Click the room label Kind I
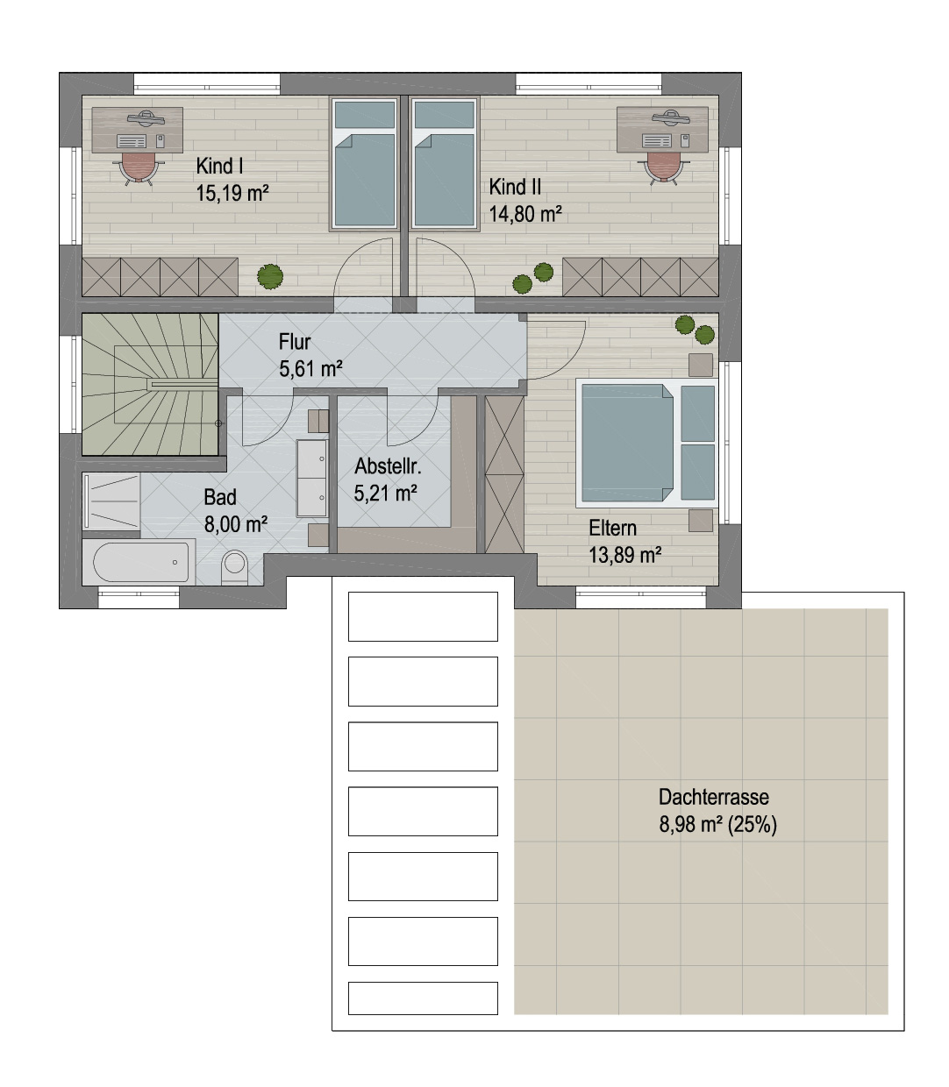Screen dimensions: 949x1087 click(x=219, y=167)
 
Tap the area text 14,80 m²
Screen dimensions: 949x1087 click(x=525, y=214)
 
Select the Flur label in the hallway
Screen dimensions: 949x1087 click(x=295, y=342)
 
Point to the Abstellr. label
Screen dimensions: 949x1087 click(x=388, y=466)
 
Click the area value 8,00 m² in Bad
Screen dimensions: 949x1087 click(x=236, y=524)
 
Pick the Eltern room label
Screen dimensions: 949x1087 click(x=612, y=528)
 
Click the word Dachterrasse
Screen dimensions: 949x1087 click(x=714, y=797)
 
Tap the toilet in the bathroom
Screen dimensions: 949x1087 click(x=234, y=567)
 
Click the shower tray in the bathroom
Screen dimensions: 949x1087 click(x=111, y=502)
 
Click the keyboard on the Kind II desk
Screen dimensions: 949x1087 click(x=657, y=141)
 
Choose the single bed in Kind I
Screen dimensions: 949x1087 click(x=364, y=164)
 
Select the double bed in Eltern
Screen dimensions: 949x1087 click(x=647, y=443)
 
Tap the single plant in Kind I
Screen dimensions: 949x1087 click(x=270, y=276)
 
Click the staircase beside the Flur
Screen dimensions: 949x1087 click(x=150, y=384)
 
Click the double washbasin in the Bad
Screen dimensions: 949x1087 click(x=312, y=478)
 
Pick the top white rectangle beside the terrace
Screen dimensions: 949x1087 click(x=423, y=616)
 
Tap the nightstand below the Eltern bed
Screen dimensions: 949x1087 click(x=700, y=521)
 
